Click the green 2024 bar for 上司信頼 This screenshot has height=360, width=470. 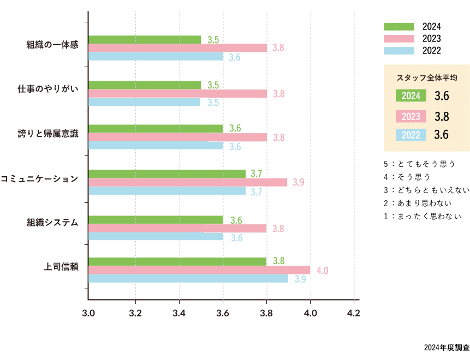[x=177, y=261]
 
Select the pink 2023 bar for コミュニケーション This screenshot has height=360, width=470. [x=188, y=183]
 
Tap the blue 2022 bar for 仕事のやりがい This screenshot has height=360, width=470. [x=144, y=102]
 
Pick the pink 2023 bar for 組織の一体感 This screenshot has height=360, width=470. [x=177, y=48]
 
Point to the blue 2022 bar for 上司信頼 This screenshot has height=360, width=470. [x=188, y=279]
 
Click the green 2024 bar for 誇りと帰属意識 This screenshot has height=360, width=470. [x=156, y=129]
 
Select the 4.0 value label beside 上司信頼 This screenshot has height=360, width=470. [x=322, y=271]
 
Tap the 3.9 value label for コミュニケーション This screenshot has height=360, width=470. [x=299, y=183]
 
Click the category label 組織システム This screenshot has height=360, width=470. [x=53, y=223]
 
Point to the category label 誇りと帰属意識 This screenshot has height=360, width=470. [x=49, y=134]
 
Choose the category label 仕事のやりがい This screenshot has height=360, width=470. [x=49, y=89]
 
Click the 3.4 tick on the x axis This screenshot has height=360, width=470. [x=179, y=314]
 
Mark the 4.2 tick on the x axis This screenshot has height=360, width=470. [x=353, y=314]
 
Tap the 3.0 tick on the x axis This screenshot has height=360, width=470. [x=88, y=314]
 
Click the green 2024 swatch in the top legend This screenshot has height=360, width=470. [x=398, y=27]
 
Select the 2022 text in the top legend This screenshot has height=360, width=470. [x=431, y=51]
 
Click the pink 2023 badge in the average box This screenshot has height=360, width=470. [x=410, y=116]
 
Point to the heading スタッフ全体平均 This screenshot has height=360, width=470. [x=427, y=78]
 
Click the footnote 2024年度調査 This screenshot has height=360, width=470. [x=446, y=347]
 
